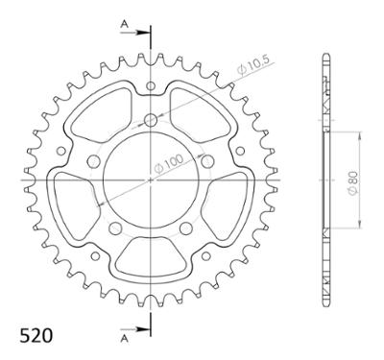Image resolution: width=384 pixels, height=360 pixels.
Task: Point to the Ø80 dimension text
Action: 353,180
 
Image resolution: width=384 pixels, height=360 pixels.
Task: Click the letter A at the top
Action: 124,20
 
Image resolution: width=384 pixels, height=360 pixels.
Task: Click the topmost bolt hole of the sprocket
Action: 151,120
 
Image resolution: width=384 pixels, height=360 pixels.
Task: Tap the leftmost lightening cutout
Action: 72,202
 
